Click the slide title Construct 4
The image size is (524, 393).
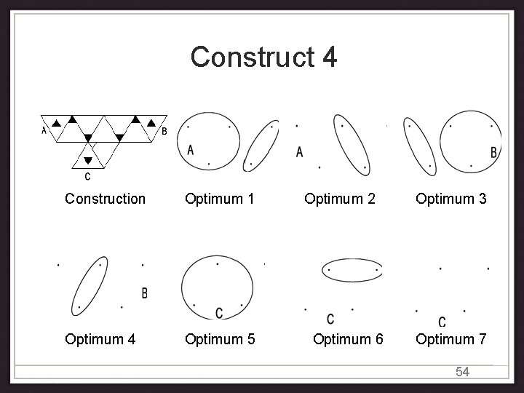click(x=263, y=57)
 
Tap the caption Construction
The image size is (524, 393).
click(x=105, y=199)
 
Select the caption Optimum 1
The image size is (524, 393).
click(x=219, y=199)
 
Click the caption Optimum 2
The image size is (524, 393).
click(x=340, y=199)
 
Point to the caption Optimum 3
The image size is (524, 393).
click(x=451, y=199)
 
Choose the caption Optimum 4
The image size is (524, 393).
click(x=99, y=338)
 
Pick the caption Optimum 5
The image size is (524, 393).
click(x=219, y=338)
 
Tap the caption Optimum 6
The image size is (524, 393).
click(x=348, y=338)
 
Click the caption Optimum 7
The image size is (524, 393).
click(x=451, y=338)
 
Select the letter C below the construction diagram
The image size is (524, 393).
click(x=88, y=176)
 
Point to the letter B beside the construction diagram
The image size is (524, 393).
click(x=164, y=132)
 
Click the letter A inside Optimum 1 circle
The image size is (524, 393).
click(x=191, y=150)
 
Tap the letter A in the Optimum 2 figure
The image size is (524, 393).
click(x=300, y=152)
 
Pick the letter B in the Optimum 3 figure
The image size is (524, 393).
click(x=493, y=153)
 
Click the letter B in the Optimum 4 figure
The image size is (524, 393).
click(x=144, y=293)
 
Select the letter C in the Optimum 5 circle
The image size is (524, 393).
click(x=219, y=313)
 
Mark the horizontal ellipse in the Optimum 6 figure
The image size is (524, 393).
click(x=352, y=269)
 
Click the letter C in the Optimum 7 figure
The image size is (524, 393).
click(x=442, y=322)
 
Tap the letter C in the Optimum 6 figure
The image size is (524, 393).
click(x=330, y=319)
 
